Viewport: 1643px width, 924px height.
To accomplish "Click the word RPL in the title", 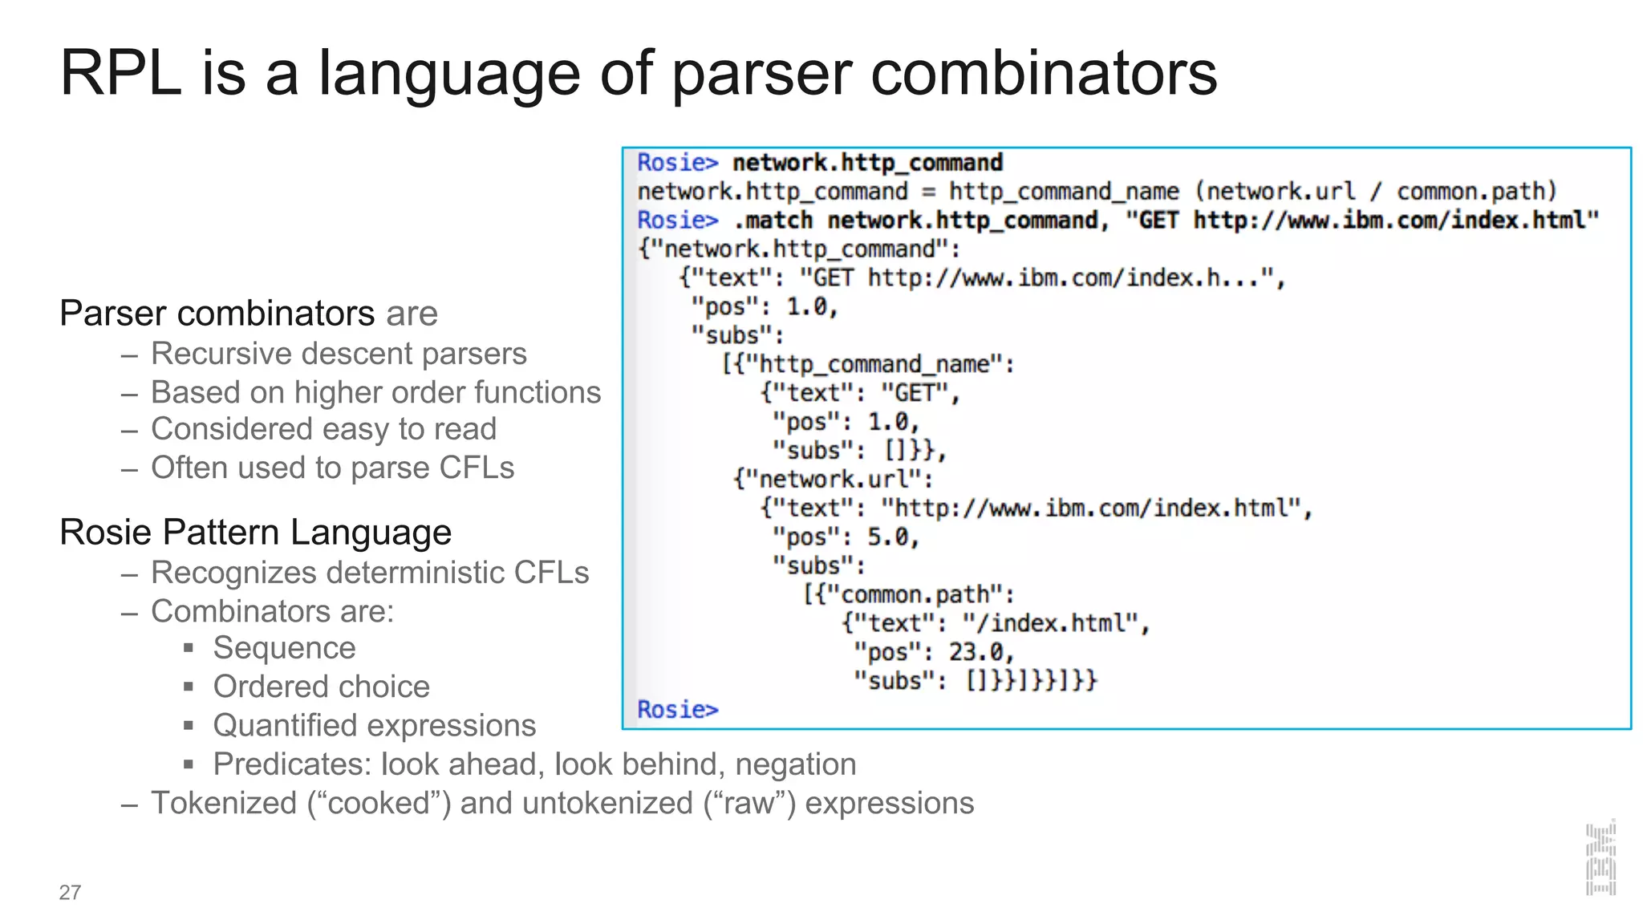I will pos(120,74).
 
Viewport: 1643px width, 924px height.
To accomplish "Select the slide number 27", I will pos(70,892).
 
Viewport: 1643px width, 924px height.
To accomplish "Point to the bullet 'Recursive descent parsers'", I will pos(339,354).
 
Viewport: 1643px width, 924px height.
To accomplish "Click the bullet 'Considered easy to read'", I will pos(323,429).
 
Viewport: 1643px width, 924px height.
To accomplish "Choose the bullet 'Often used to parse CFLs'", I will pos(332,468).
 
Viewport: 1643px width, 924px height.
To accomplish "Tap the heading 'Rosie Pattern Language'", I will pos(255,533).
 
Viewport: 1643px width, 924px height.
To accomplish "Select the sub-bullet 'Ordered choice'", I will pos(321,687).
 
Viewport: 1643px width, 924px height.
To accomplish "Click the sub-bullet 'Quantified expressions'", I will pos(374,725).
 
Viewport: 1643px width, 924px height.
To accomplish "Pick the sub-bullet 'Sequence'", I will pos(284,648).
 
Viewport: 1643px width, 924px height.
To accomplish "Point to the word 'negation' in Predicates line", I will pos(795,764).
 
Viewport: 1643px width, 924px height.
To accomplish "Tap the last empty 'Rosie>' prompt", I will pos(678,710).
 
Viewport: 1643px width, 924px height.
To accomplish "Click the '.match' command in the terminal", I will pos(773,221).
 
